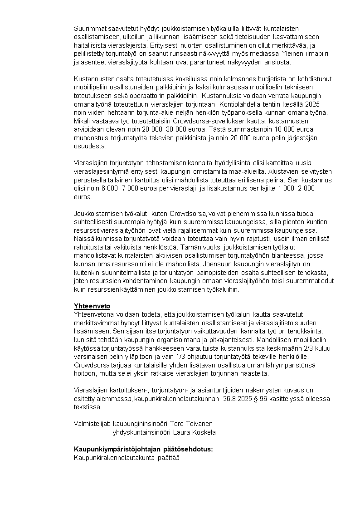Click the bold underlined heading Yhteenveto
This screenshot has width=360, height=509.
pos(92,306)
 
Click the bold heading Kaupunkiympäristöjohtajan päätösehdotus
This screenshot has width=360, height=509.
pos(143,449)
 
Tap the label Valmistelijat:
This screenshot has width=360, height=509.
pos(92,423)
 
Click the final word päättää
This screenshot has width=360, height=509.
pos(168,457)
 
